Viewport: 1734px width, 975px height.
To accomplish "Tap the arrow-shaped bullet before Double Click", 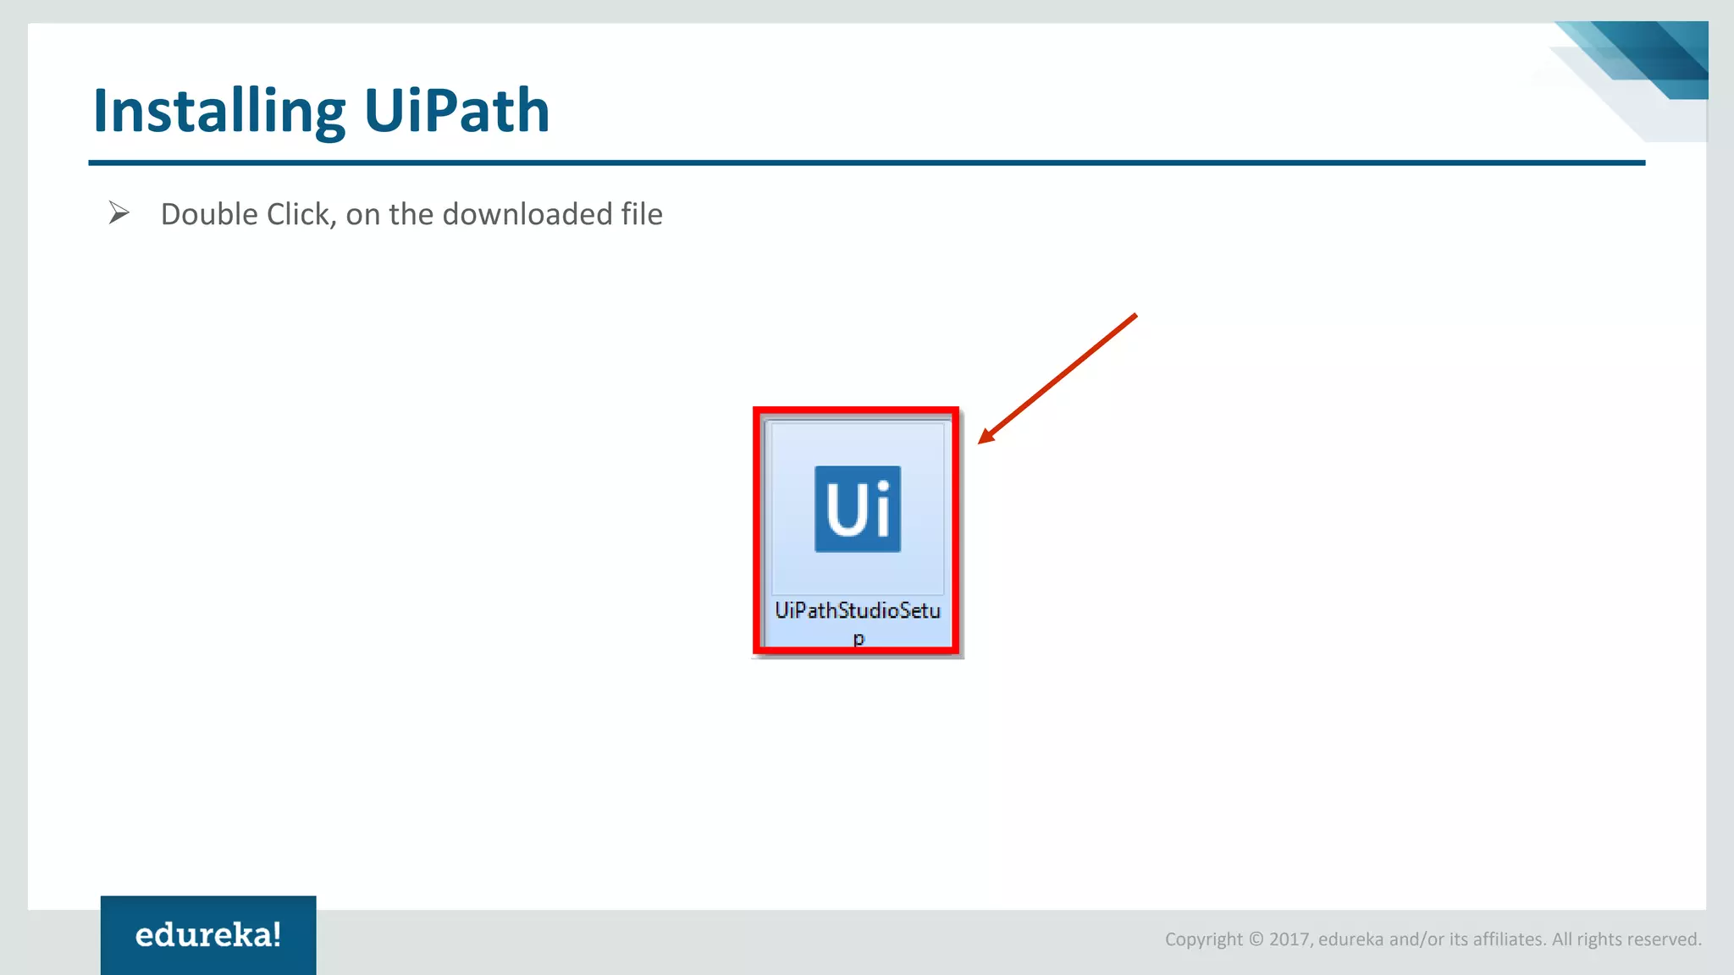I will pyautogui.click(x=119, y=213).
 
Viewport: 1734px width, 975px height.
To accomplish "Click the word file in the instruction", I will pyautogui.click(x=641, y=215).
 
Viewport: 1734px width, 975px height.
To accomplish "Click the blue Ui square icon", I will pyautogui.click(x=857, y=509).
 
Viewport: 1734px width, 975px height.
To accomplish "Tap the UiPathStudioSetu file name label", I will pyautogui.click(x=857, y=610).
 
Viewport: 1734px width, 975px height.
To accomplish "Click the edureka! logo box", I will pyautogui.click(x=208, y=934).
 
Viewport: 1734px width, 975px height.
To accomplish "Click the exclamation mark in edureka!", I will pyautogui.click(x=276, y=934).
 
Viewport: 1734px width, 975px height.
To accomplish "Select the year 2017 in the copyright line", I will pyautogui.click(x=1289, y=939).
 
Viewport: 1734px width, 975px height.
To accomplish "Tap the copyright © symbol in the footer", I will pyautogui.click(x=1256, y=939).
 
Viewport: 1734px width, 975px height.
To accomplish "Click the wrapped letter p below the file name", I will pyautogui.click(x=859, y=638).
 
